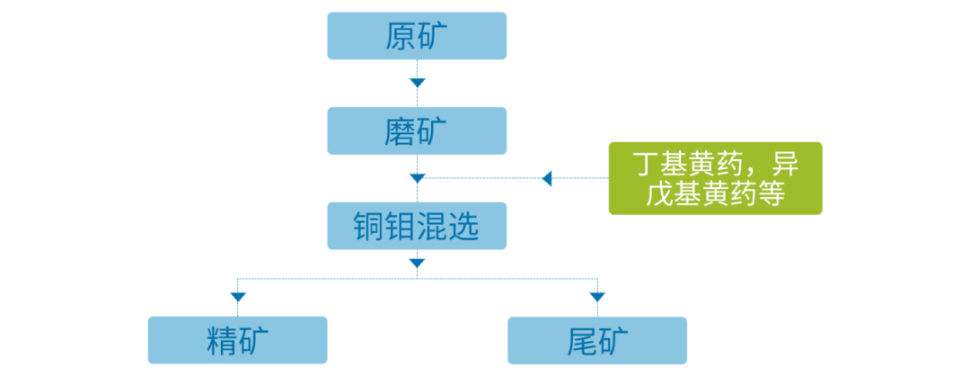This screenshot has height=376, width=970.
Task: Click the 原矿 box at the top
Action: pos(417,37)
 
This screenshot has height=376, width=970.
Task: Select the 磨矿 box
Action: pos(417,130)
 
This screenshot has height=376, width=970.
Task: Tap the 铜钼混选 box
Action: pos(417,226)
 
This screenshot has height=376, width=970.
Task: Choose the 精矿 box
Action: pos(237,340)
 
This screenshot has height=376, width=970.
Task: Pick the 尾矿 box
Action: pos(597,340)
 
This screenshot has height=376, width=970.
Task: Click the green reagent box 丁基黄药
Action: pos(715,178)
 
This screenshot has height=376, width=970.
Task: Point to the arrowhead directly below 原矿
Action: pos(417,83)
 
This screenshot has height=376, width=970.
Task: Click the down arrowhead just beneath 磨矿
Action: pos(417,177)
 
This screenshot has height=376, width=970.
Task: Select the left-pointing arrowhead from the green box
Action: pos(547,178)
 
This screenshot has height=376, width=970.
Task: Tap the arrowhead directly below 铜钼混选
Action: pos(417,263)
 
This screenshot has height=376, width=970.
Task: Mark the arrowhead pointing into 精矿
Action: pos(237,296)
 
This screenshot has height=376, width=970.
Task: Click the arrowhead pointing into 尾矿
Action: pos(597,296)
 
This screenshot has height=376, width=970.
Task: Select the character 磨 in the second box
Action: pos(401,130)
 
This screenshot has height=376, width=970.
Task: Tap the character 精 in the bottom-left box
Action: pos(221,340)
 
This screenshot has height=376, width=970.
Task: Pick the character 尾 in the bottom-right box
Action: pos(581,340)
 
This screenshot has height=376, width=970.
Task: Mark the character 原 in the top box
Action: pos(401,37)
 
